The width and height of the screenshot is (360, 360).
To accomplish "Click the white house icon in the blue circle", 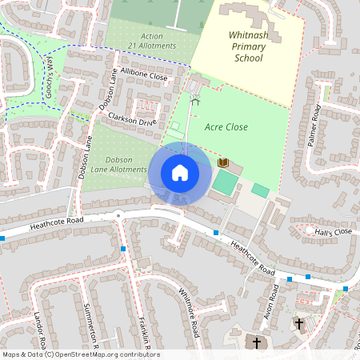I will pyautogui.click(x=180, y=172).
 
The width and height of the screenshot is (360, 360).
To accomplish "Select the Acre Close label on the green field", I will pyautogui.click(x=226, y=126).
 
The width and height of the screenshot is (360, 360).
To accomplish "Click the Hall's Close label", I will pyautogui.click(x=333, y=232).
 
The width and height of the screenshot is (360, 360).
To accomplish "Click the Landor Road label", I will pyautogui.click(x=38, y=330).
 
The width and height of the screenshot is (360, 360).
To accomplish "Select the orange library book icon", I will pyautogui.click(x=223, y=163).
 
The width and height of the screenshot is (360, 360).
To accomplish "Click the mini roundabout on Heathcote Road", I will pyautogui.click(x=118, y=214).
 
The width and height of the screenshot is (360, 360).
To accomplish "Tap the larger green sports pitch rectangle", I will pyautogui.click(x=226, y=182).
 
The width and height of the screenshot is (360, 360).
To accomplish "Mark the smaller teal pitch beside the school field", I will pyautogui.click(x=260, y=190).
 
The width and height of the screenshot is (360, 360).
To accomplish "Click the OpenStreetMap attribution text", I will pyautogui.click(x=80, y=354).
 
